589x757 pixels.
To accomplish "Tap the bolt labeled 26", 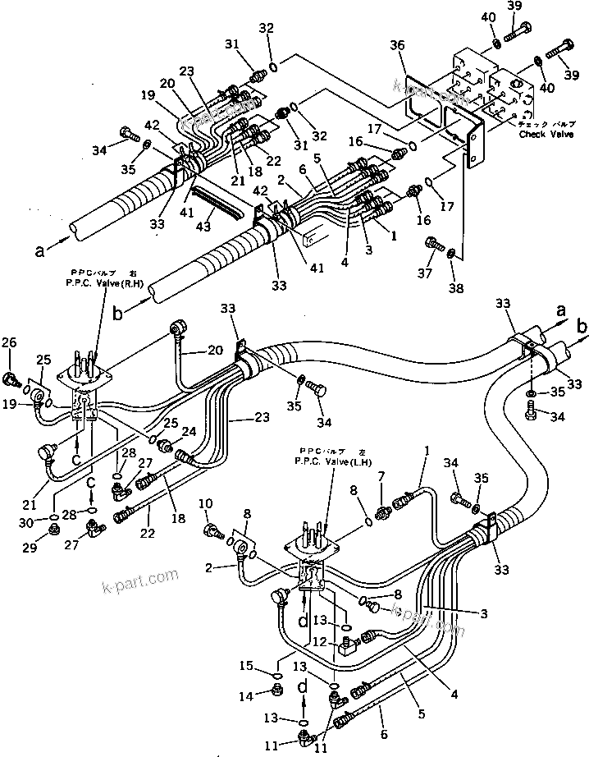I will point(11,378).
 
